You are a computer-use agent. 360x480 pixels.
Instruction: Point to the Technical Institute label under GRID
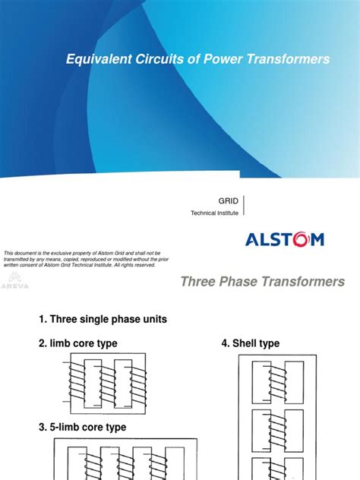tap(214, 213)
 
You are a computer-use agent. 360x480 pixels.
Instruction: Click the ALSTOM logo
tap(284, 240)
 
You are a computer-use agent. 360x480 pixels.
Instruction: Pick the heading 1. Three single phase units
tap(103, 320)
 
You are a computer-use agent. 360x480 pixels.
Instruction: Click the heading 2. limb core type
tap(78, 343)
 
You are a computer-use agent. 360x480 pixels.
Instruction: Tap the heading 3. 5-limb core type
tap(84, 426)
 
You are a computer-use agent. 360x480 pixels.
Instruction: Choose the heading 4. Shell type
tap(251, 343)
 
